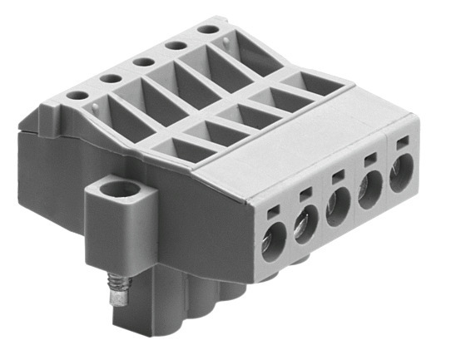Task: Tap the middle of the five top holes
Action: tap(141, 61)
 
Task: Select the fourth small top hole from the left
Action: tap(174, 45)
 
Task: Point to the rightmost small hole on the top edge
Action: tap(206, 30)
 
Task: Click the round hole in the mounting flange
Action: tap(120, 191)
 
